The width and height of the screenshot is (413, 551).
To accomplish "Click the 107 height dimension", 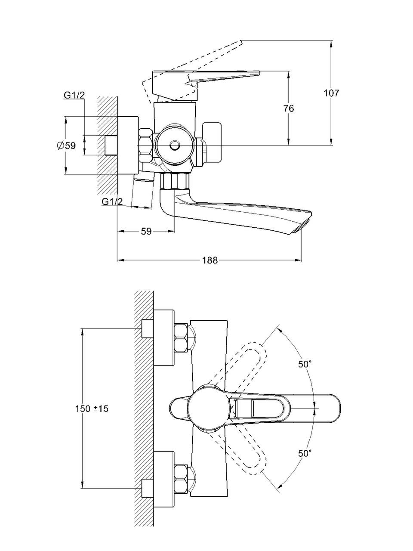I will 331,93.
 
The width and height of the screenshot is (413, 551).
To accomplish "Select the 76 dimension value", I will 289,108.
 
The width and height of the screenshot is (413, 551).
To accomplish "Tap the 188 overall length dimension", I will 209,260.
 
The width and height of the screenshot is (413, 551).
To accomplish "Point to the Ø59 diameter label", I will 66,145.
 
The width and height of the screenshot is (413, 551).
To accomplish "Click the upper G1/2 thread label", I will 74,95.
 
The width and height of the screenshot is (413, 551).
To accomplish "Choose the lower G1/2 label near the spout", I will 112,201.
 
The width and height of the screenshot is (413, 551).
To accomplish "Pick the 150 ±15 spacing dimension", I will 91,409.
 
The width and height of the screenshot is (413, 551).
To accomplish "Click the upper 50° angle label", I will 305,364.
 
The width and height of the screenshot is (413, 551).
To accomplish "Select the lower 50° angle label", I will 305,453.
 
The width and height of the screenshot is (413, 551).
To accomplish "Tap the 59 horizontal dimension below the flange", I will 146,231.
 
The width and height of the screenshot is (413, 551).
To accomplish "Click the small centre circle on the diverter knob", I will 175,145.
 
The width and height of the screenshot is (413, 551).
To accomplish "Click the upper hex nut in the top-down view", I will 181,337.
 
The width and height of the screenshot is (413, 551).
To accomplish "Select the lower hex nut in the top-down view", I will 181,479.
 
